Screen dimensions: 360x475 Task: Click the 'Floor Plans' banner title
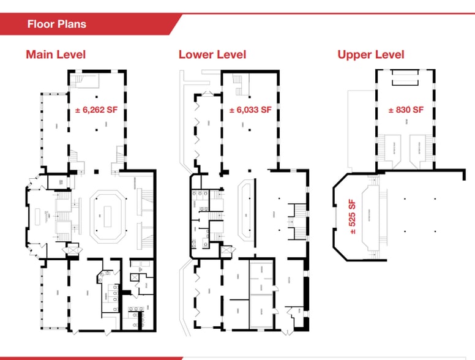pos(56,24)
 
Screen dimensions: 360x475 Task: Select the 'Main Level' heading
pos(56,54)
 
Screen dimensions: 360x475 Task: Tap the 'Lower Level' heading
pos(212,54)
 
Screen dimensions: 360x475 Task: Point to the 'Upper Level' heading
pos(370,54)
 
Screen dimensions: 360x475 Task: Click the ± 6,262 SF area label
pos(96,111)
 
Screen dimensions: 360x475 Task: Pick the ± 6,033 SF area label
pos(250,110)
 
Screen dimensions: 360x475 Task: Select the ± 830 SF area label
pos(405,110)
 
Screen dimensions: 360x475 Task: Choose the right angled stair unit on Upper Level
pos(420,149)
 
